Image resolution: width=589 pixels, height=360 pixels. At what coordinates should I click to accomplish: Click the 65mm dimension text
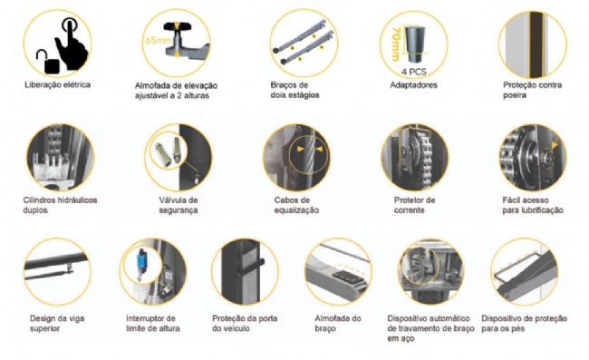click(x=158, y=40)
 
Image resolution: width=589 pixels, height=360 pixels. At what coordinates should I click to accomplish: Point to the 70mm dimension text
click(x=395, y=44)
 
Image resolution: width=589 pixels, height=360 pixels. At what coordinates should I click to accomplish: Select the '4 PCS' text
click(x=413, y=71)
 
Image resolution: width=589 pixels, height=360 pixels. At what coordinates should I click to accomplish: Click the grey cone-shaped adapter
click(x=415, y=44)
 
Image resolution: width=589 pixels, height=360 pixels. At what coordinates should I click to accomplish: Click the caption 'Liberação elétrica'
click(x=57, y=84)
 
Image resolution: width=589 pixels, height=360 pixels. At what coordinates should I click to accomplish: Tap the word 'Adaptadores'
click(x=413, y=85)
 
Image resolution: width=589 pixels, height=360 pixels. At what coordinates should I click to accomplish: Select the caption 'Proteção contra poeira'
click(x=532, y=90)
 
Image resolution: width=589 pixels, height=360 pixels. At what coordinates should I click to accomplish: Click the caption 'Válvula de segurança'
click(x=178, y=205)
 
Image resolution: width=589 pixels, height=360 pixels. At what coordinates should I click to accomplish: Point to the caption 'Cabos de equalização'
click(x=296, y=205)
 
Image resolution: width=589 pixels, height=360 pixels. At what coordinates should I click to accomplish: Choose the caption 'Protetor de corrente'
click(x=414, y=205)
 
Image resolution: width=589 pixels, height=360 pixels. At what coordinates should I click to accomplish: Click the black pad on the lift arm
click(x=347, y=277)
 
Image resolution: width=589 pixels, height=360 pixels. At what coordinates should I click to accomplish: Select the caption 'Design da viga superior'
click(x=57, y=323)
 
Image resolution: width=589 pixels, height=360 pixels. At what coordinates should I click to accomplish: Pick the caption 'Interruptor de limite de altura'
click(x=153, y=323)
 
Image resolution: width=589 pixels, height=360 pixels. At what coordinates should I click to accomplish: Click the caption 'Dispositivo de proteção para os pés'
click(x=524, y=323)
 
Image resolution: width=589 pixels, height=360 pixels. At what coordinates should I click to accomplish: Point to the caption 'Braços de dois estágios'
click(x=294, y=90)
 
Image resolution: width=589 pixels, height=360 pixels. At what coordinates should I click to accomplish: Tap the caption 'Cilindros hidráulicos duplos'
click(x=60, y=205)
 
